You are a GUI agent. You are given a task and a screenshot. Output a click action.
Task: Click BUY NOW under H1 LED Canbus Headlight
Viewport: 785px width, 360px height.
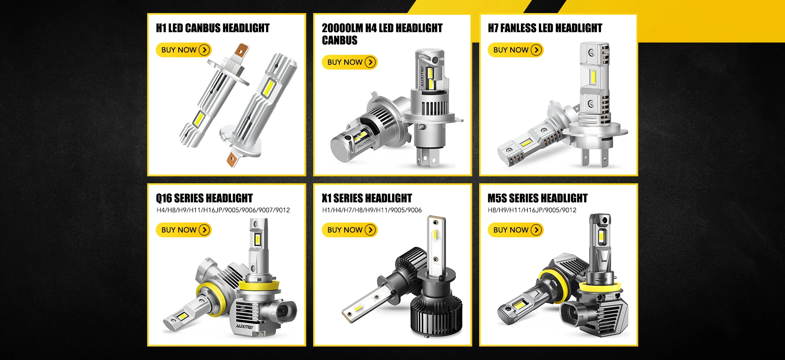pyautogui.click(x=184, y=50)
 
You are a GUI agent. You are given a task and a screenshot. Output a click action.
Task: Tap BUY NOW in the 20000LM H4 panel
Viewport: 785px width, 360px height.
pyautogui.click(x=350, y=62)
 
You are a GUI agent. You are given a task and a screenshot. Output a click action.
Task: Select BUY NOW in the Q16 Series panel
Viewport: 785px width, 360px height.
pyautogui.click(x=184, y=230)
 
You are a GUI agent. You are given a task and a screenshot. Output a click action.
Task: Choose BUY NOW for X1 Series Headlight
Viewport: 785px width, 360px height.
pyautogui.click(x=350, y=230)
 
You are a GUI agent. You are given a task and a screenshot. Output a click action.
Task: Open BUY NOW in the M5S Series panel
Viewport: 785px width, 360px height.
pyautogui.click(x=516, y=230)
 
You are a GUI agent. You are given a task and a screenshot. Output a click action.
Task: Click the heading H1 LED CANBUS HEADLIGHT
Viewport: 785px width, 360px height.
pyautogui.click(x=213, y=28)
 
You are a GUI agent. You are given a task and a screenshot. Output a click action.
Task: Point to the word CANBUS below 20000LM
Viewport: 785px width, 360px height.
pyautogui.click(x=340, y=40)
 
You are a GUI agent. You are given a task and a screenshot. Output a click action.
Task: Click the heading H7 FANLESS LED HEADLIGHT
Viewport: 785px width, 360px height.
pyautogui.click(x=545, y=28)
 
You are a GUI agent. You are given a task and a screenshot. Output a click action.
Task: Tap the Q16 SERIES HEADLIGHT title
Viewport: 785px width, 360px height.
pyautogui.click(x=204, y=198)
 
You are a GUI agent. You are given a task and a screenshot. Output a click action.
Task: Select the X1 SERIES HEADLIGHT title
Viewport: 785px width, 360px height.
pyautogui.click(x=367, y=198)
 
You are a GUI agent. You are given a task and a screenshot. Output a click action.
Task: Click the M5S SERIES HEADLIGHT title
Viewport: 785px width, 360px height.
pyautogui.click(x=537, y=198)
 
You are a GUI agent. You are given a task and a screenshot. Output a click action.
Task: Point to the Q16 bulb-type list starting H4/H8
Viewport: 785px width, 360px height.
pyautogui.click(x=223, y=210)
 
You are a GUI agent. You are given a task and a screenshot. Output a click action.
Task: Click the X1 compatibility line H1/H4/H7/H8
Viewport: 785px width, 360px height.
pyautogui.click(x=372, y=210)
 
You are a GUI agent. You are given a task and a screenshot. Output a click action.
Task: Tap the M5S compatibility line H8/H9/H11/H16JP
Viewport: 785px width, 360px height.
pyautogui.click(x=532, y=210)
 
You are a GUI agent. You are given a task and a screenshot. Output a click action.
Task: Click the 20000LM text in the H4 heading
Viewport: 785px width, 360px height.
pyautogui.click(x=342, y=28)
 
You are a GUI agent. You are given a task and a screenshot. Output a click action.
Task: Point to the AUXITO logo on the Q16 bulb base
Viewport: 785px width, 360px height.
pyautogui.click(x=244, y=326)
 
